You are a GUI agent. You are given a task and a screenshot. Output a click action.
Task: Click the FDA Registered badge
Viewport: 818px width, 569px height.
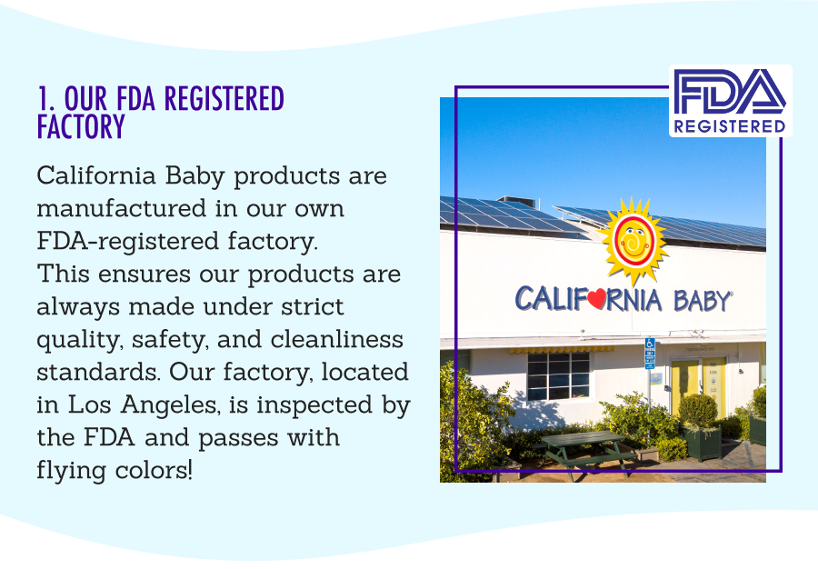(731, 101)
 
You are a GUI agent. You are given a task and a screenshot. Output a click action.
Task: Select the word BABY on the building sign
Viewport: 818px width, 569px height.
(702, 301)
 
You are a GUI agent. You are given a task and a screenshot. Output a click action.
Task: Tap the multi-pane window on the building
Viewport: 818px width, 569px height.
(558, 374)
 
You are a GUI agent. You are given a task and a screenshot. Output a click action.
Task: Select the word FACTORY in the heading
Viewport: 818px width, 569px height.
(81, 127)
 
